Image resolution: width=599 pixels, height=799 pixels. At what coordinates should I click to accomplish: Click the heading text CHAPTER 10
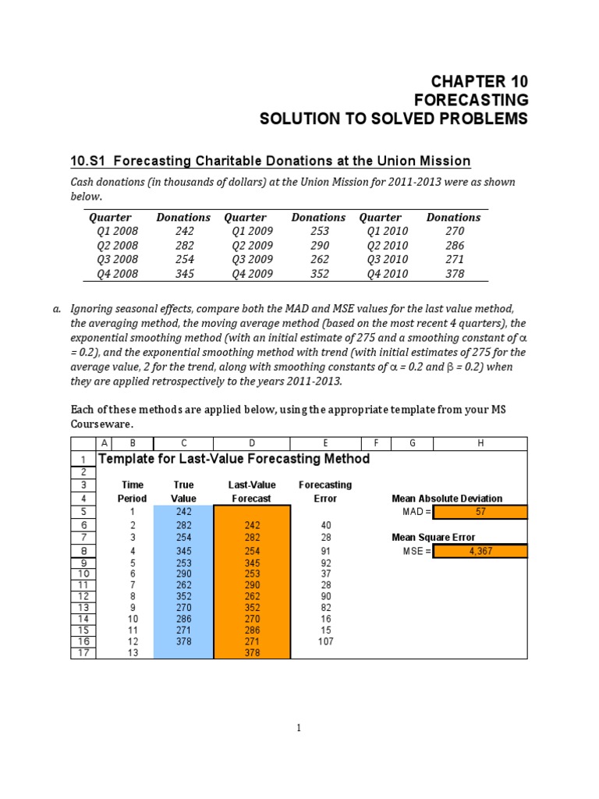point(480,81)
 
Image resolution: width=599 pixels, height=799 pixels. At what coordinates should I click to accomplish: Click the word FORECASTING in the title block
point(470,100)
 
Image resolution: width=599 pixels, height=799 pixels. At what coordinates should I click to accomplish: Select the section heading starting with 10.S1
point(270,161)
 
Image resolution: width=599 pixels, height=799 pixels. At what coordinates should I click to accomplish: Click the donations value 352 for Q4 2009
point(318,273)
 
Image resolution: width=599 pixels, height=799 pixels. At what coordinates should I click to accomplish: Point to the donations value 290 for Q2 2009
point(318,245)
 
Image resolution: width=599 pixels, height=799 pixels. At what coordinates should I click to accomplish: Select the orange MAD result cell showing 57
point(480,512)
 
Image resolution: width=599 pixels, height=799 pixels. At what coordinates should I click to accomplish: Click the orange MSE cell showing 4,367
point(480,551)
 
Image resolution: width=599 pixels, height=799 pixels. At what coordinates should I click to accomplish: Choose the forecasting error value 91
point(325,551)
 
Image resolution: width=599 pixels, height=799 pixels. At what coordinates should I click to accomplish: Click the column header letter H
point(480,443)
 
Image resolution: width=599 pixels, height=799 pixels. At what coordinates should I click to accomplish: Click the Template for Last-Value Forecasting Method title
point(234,459)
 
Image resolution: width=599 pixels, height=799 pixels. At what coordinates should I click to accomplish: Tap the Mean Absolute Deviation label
point(446,499)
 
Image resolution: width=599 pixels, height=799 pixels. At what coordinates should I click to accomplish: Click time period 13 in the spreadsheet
point(132,653)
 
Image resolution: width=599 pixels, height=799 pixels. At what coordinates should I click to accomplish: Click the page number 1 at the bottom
point(298,728)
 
